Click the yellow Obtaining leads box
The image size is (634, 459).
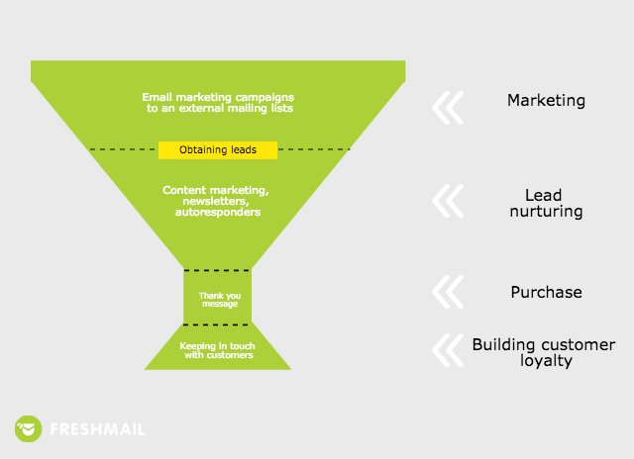218,150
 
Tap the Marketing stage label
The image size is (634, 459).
546,101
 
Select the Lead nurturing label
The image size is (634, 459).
546,203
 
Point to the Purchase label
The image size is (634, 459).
546,292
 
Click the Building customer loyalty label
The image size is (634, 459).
544,352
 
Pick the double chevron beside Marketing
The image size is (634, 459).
448,108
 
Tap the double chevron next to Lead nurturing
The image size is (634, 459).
448,201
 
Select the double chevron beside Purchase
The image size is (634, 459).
448,292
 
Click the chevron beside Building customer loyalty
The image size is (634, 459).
448,350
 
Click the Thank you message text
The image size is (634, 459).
220,300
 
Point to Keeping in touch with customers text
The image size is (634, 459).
218,350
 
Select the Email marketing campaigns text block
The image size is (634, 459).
218,103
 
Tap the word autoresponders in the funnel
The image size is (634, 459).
218,212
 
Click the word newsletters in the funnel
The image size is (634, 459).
216,201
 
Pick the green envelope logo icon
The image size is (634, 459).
29,428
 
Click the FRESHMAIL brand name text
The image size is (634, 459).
97,429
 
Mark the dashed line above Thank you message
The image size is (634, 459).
218,270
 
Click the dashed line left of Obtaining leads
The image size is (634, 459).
123,149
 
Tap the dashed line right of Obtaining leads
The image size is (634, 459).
315,149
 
